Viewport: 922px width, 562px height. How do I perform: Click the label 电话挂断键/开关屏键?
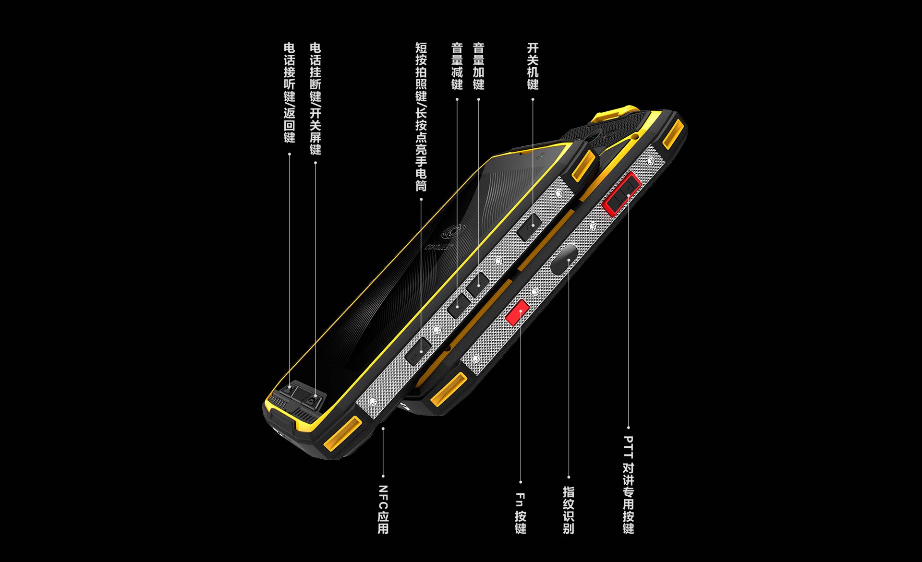coord(315,98)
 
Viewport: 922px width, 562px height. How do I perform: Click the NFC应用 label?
coord(383,509)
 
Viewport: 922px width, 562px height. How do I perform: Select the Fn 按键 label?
coord(520,513)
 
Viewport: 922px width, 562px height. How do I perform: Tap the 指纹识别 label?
coord(568,510)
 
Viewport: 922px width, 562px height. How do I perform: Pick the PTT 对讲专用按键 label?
coord(628,485)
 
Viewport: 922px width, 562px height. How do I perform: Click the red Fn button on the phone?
coord(517,311)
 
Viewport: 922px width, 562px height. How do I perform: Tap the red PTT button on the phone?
coord(622,193)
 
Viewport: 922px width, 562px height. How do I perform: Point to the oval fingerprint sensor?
coord(564,259)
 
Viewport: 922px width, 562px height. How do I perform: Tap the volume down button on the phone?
coord(459,306)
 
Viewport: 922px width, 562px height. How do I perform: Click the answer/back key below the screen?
coord(290,389)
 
